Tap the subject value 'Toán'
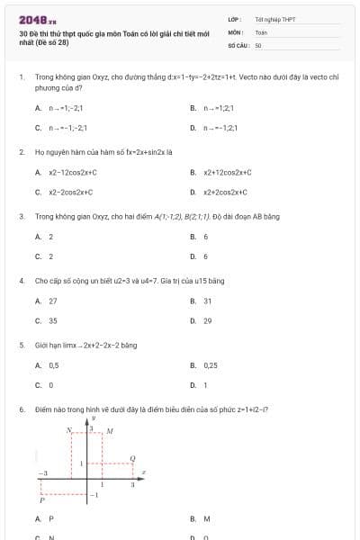(261, 31)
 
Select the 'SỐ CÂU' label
(238, 44)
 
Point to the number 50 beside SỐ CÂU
(258, 44)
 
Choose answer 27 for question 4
(52, 301)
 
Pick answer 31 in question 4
(207, 301)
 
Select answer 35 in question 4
(52, 319)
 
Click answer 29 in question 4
(207, 319)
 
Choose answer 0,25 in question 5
(210, 365)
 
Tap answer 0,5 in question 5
(53, 365)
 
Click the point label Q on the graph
(133, 458)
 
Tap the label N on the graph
(69, 432)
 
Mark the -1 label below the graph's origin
(94, 496)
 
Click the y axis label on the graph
(94, 418)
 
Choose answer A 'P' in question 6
(50, 519)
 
